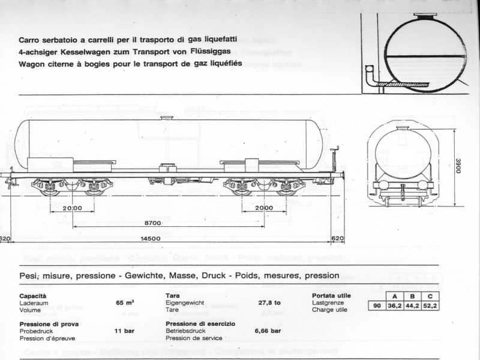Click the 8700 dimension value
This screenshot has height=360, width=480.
pyautogui.click(x=155, y=223)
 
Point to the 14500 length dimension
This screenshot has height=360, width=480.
pyautogui.click(x=150, y=239)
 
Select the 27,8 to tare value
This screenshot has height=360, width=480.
pyautogui.click(x=269, y=303)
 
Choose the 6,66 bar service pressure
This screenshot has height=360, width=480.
pyautogui.click(x=268, y=331)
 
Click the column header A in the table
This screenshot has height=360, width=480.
pyautogui.click(x=394, y=296)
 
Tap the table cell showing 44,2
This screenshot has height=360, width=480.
pyautogui.click(x=412, y=305)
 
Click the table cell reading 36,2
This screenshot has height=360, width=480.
pyautogui.click(x=394, y=305)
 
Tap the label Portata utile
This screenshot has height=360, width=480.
pyautogui.click(x=331, y=296)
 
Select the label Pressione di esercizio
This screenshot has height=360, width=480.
pyautogui.click(x=200, y=323)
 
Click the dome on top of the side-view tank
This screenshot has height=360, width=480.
pyautogui.click(x=169, y=118)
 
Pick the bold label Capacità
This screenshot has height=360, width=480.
pyautogui.click(x=32, y=296)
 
